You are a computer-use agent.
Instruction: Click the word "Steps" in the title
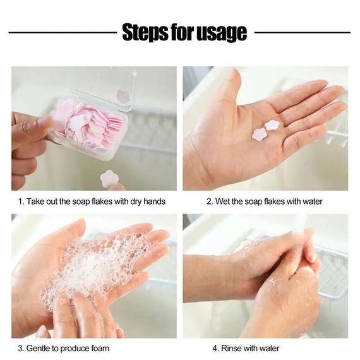coord(145,32)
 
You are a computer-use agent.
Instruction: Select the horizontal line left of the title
coord(63,33)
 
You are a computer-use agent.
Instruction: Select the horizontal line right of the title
coord(303,33)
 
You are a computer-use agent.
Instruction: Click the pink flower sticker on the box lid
coord(124,97)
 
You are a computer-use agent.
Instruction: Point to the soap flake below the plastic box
coord(109,179)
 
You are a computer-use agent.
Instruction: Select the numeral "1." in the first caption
coord(21,201)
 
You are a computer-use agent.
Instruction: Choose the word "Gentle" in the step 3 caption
coord(38,348)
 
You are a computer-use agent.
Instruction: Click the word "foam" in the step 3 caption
coord(100,348)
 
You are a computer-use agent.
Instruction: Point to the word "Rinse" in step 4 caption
coord(231,348)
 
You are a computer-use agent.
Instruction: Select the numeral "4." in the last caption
coord(216,348)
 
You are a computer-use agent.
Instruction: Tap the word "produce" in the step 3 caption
coord(75,349)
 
